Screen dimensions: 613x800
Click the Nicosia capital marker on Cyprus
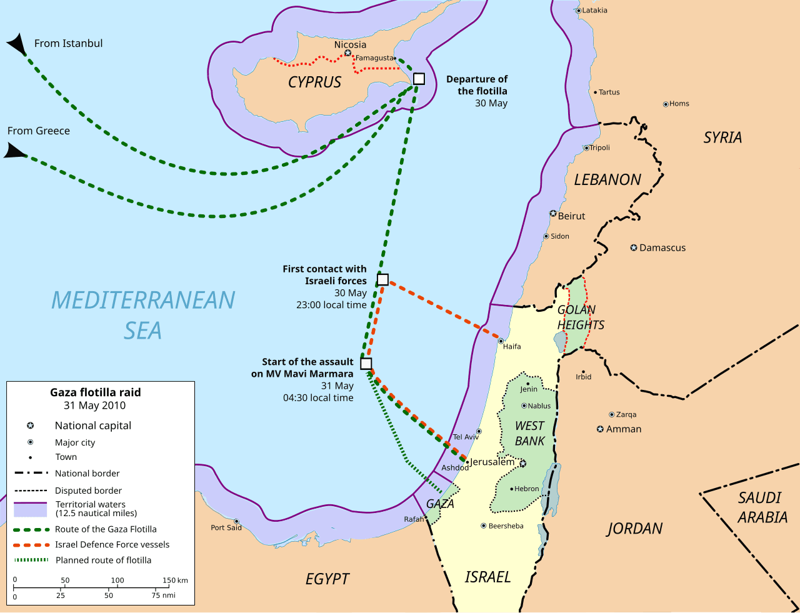(348, 53)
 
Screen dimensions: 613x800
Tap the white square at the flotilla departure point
(419, 79)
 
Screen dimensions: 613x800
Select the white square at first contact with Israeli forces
(383, 280)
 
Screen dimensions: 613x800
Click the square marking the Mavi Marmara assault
(366, 364)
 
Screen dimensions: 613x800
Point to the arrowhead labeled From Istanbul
(17, 45)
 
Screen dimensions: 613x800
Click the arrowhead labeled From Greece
(15, 151)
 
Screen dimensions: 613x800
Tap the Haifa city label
(512, 346)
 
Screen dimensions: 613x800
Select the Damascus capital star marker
(634, 248)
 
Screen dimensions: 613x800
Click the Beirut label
(571, 216)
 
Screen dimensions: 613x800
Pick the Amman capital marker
(601, 429)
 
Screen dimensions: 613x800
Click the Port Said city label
(226, 527)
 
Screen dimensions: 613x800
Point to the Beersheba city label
(506, 526)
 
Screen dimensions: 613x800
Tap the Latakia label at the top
(594, 11)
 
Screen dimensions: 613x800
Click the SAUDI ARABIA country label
(761, 507)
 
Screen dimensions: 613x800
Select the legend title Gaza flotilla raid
(96, 392)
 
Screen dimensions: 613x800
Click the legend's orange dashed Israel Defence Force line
(31, 545)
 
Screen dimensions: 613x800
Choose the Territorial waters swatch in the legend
(31, 509)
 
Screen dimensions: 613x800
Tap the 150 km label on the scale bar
(175, 581)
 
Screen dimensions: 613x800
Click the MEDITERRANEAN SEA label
(143, 315)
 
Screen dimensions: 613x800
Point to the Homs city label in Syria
(679, 104)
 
